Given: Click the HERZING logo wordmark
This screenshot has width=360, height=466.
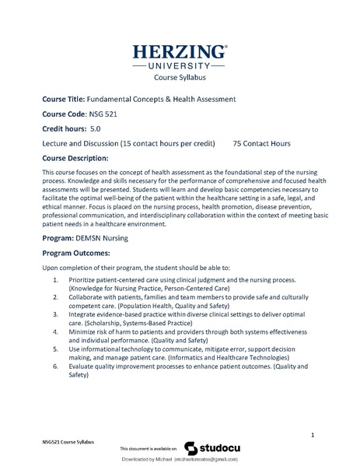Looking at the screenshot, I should (180, 52).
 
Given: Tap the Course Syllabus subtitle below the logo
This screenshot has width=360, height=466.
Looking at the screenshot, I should (180, 78).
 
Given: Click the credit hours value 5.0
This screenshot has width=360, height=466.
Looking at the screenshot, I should (96, 129).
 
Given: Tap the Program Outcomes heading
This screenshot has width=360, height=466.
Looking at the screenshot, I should (76, 253).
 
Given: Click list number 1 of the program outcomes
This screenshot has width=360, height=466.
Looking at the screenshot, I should (55, 279).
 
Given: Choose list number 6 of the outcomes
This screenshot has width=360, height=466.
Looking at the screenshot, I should (55, 365).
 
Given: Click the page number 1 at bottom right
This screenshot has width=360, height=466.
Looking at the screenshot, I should (312, 433).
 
